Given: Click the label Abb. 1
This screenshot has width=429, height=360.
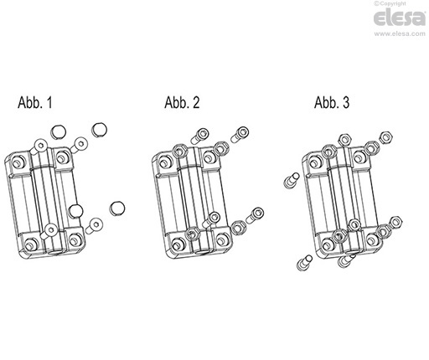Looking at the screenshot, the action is click(x=35, y=102).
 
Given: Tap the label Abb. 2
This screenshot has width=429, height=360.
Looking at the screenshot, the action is click(x=182, y=102).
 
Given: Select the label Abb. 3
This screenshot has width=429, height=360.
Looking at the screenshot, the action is click(x=332, y=102).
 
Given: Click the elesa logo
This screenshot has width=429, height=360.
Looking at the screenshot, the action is click(x=400, y=18).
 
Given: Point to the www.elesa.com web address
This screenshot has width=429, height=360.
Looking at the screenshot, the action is click(x=400, y=33).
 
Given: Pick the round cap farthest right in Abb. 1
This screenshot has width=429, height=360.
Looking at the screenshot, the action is click(x=117, y=208).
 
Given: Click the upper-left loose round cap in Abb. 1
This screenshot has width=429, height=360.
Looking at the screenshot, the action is click(x=58, y=131).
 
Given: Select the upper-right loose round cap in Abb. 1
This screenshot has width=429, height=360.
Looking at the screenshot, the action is click(x=100, y=130).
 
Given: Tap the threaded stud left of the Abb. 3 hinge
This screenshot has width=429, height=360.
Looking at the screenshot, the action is click(x=292, y=180).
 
